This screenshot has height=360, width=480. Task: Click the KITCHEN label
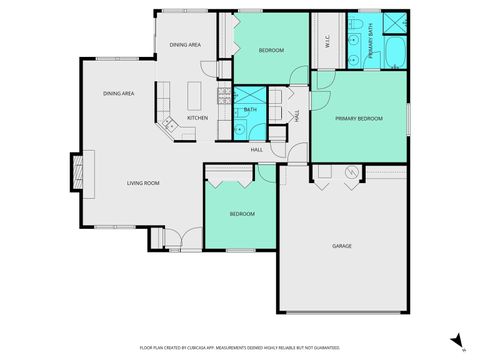tap(197, 118)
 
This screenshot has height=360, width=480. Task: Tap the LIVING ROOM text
tap(143, 183)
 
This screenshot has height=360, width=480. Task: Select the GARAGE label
tap(342, 245)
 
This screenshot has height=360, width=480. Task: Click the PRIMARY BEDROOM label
tap(359, 118)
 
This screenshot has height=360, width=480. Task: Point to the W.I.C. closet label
tap(327, 42)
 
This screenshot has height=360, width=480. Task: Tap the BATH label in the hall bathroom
tap(251, 110)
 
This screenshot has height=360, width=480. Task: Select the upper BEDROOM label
tap(271, 50)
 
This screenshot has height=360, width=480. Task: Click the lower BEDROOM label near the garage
tap(241, 213)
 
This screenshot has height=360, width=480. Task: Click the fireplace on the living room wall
tap(75, 171)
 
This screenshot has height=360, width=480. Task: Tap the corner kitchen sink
tap(169, 124)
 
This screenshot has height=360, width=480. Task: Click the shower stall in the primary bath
tap(395, 23)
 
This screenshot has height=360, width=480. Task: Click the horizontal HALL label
tap(257, 150)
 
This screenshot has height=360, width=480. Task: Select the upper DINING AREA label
tap(185, 45)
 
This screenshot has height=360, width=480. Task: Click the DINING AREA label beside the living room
tap(119, 93)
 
